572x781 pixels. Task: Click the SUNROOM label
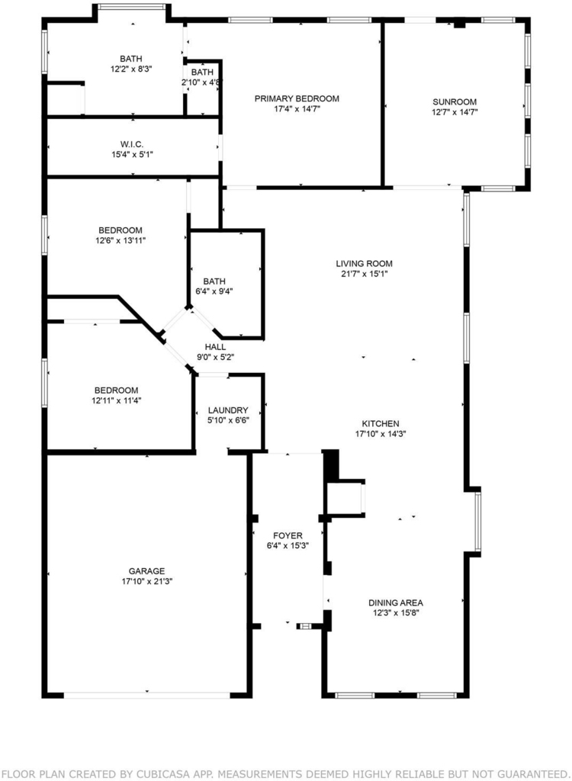tap(455, 102)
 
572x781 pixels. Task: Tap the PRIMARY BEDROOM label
tap(297, 98)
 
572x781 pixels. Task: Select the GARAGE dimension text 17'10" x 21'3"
tap(146, 581)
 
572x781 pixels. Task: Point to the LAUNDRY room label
tap(228, 410)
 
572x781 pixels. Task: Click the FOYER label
tap(288, 535)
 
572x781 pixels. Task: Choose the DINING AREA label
tap(396, 603)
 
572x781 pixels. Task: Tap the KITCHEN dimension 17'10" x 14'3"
tap(381, 434)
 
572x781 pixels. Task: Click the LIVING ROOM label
tap(364, 263)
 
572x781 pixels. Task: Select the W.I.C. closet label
tap(132, 144)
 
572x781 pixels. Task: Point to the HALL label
tap(215, 347)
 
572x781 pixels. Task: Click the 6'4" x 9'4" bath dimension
tap(214, 291)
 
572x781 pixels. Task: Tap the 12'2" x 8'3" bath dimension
tap(131, 69)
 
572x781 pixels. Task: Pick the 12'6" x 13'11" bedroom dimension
tap(120, 240)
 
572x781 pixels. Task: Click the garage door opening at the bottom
tap(147, 695)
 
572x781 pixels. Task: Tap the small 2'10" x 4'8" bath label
tap(202, 77)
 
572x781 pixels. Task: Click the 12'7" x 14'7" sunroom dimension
tap(455, 113)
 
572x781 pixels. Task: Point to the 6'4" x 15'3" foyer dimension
tap(288, 545)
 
